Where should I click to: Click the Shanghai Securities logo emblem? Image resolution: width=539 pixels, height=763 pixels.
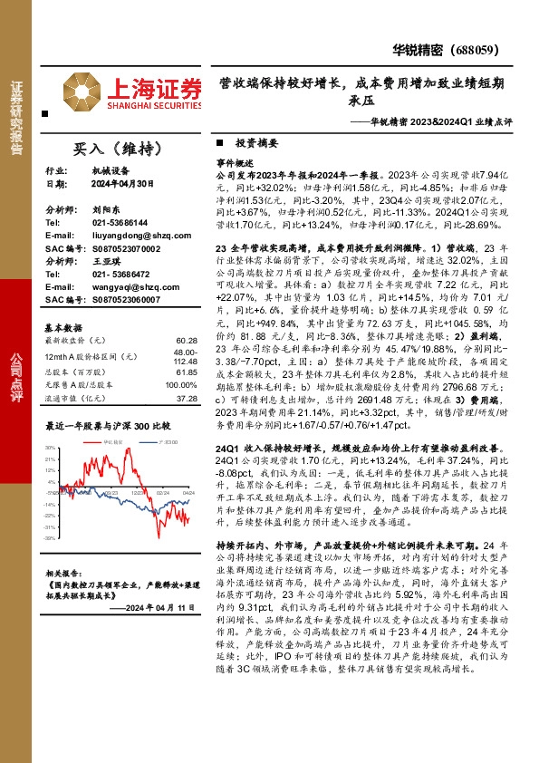(82, 92)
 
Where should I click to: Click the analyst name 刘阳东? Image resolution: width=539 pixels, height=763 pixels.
(106, 208)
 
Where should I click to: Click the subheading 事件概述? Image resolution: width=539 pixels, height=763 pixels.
(234, 158)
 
